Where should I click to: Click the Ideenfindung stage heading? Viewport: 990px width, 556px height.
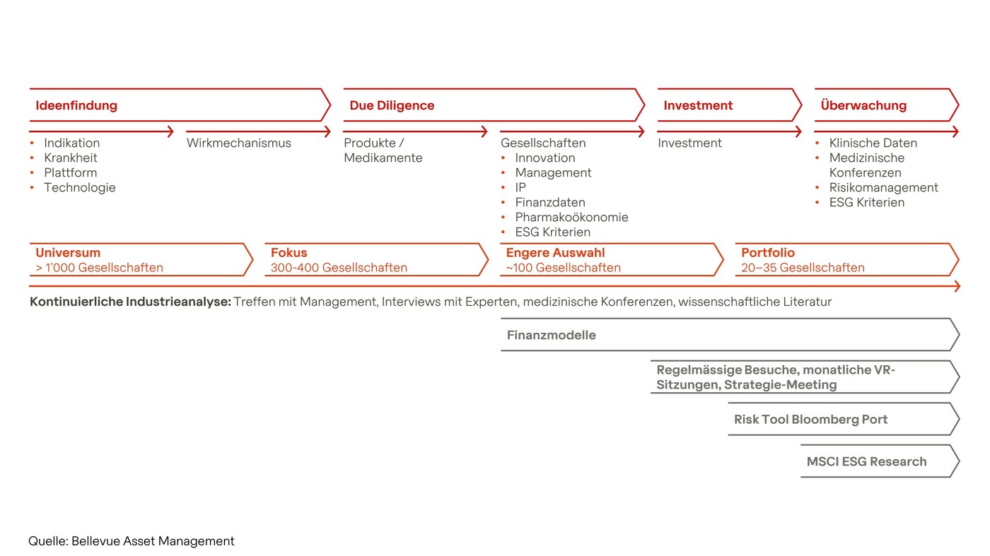76,106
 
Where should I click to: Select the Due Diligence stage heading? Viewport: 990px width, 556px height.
392,106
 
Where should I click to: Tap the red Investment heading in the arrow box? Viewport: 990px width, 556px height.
698,106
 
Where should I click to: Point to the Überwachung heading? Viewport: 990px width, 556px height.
863,106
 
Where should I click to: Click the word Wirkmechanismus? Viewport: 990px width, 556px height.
239,143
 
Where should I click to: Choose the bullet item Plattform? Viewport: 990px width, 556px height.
70,173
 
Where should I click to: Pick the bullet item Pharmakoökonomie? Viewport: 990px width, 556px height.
571,218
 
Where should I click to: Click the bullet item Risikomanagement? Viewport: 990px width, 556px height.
883,188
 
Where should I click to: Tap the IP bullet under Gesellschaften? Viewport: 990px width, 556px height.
520,188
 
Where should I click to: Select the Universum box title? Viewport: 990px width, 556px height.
68,253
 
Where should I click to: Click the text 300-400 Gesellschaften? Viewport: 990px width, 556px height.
339,268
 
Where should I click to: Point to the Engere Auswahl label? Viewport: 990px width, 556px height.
555,253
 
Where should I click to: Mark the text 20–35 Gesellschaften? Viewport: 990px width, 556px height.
803,268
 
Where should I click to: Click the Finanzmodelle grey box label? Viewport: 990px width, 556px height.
552,336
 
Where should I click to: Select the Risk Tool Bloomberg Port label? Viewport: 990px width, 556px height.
810,420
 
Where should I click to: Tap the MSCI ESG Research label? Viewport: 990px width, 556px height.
866,462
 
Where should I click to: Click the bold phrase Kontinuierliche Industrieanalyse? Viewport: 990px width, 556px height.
130,302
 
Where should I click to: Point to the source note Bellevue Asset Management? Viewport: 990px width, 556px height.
153,541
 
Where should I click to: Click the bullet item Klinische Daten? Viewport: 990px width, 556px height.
873,143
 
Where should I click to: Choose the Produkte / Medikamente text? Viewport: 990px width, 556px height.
383,150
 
